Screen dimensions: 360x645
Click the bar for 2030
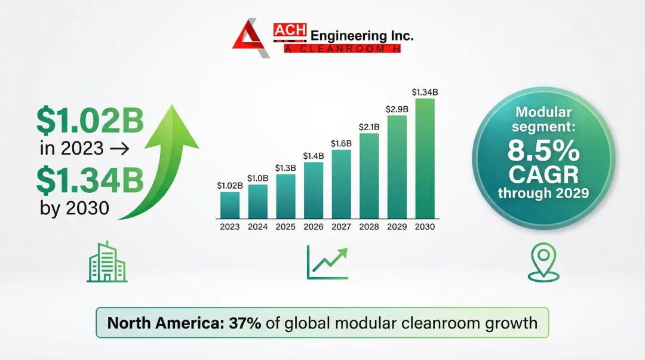pyautogui.click(x=425, y=158)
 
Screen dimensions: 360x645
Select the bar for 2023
pyautogui.click(x=230, y=205)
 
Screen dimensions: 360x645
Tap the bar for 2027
pyautogui.click(x=341, y=184)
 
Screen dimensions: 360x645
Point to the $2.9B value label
pyautogui.click(x=397, y=109)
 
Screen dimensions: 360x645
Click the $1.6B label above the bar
pyautogui.click(x=341, y=143)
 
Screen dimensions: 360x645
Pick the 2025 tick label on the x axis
pyautogui.click(x=285, y=227)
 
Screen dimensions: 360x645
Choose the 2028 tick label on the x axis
pyautogui.click(x=369, y=227)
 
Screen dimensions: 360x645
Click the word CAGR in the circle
pyautogui.click(x=543, y=175)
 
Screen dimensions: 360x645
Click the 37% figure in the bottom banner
pyautogui.click(x=247, y=323)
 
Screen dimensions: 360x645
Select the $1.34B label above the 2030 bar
pyautogui.click(x=425, y=92)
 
